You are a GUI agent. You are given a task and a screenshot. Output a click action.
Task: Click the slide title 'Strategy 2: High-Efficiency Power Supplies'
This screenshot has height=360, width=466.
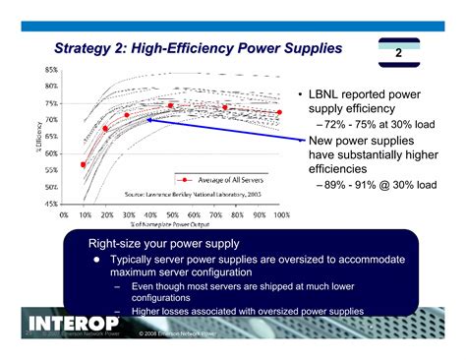click(x=198, y=46)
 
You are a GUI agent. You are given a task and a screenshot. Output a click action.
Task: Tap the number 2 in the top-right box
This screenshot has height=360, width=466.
click(x=399, y=53)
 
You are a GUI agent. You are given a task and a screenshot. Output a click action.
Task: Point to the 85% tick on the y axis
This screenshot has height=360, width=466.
click(x=50, y=69)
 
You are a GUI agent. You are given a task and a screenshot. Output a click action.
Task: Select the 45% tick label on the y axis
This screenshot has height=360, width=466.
click(x=50, y=203)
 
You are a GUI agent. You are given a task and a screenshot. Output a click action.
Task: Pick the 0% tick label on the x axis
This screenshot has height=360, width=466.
click(x=64, y=213)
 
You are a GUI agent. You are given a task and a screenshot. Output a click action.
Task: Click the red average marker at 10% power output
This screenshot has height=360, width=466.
click(x=84, y=164)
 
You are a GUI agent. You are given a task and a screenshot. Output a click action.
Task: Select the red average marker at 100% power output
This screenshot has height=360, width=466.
click(x=280, y=112)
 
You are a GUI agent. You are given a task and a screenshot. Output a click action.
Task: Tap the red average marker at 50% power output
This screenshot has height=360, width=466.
click(x=171, y=105)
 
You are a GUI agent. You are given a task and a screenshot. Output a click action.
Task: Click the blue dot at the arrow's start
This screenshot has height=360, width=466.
click(x=149, y=120)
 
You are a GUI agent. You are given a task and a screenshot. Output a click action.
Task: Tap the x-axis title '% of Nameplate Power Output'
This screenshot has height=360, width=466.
click(x=172, y=225)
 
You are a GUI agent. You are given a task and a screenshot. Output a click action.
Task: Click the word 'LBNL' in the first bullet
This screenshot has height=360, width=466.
click(x=325, y=94)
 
